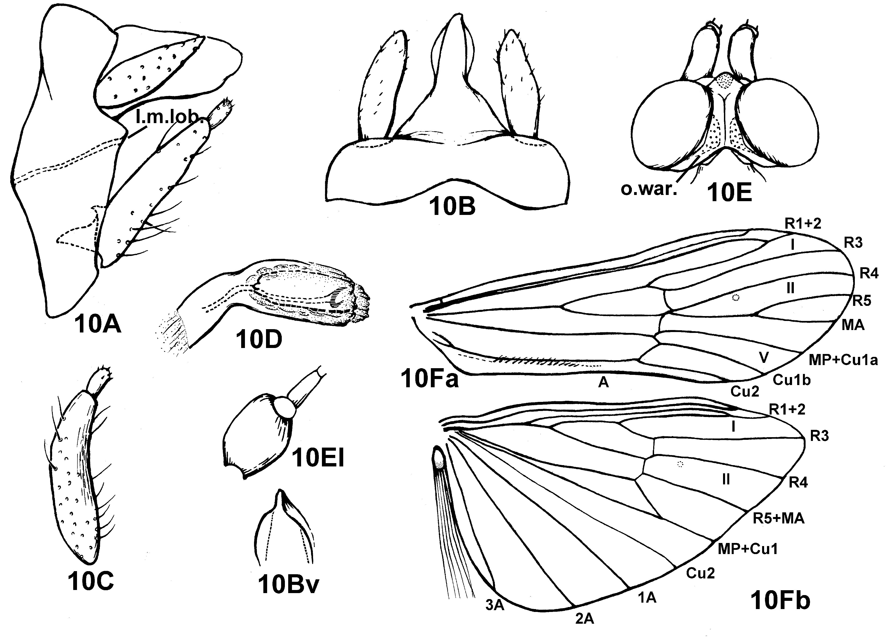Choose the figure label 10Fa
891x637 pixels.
click(429, 379)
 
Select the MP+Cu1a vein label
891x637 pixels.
click(843, 360)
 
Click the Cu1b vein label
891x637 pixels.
click(791, 380)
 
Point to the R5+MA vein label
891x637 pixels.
click(778, 519)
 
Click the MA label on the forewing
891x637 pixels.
click(853, 325)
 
